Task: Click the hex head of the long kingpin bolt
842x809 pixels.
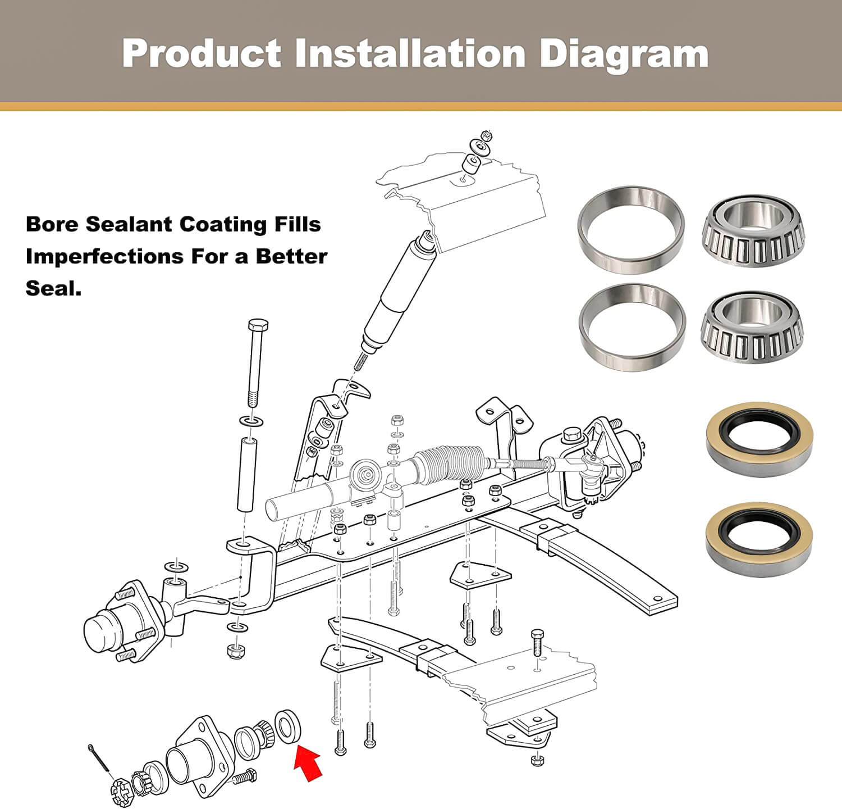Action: click(x=258, y=326)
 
